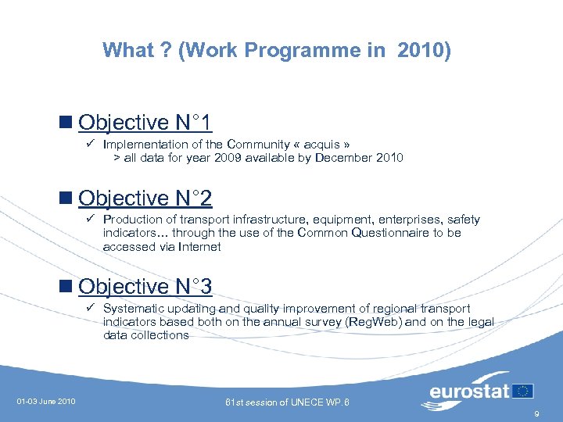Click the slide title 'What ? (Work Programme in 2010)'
(277, 51)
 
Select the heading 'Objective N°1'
(145, 123)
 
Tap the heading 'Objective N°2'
(145, 198)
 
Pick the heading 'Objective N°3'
(145, 287)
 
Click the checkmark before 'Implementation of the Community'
(91, 145)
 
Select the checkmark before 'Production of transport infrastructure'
(91, 220)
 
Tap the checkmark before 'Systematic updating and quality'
(91, 309)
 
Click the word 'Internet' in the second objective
(199, 247)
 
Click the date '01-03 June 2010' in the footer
(46, 402)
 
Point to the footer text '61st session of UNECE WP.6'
(287, 402)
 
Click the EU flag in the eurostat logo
(524, 390)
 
